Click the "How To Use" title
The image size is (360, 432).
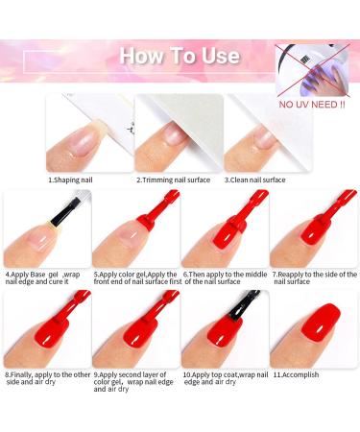[180, 56]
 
